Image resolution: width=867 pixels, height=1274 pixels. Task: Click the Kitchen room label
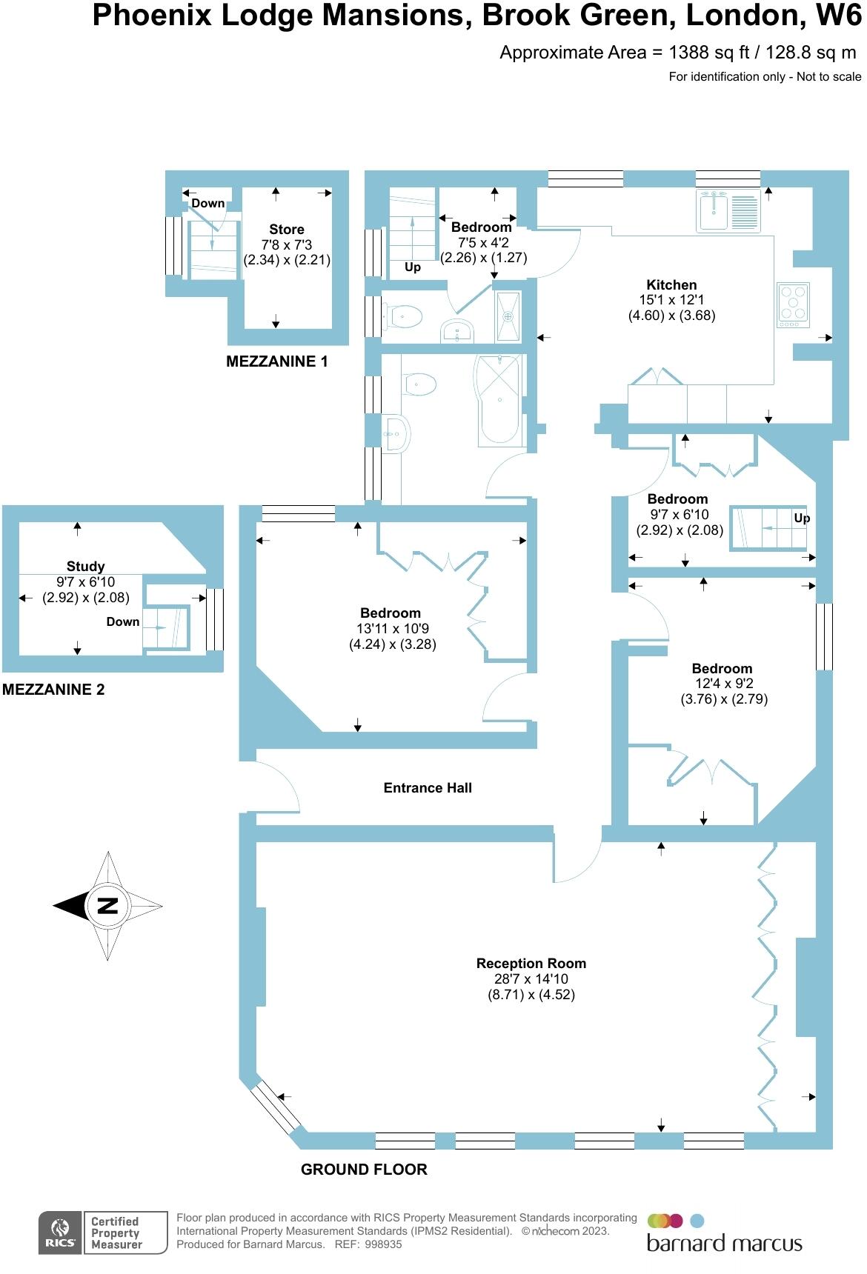(x=671, y=284)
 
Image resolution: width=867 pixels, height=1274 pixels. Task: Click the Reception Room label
(x=531, y=963)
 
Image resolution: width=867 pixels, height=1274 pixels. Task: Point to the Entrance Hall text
(x=428, y=787)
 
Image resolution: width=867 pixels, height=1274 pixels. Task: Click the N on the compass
(x=108, y=905)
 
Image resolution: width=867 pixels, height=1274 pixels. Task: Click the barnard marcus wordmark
(x=724, y=1242)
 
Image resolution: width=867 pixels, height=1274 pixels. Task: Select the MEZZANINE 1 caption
(x=276, y=361)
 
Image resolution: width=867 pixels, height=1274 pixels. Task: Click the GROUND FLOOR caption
(x=364, y=1169)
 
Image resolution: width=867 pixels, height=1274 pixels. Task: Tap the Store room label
(x=286, y=229)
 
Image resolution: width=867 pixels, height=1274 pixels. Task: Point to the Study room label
(x=85, y=566)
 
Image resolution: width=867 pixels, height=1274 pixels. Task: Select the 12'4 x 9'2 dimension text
(x=722, y=684)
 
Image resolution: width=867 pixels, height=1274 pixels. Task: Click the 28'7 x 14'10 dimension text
(x=531, y=978)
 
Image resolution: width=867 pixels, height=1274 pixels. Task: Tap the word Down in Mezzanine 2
(x=123, y=621)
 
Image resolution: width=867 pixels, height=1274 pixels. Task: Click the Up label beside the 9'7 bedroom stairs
(x=802, y=518)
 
